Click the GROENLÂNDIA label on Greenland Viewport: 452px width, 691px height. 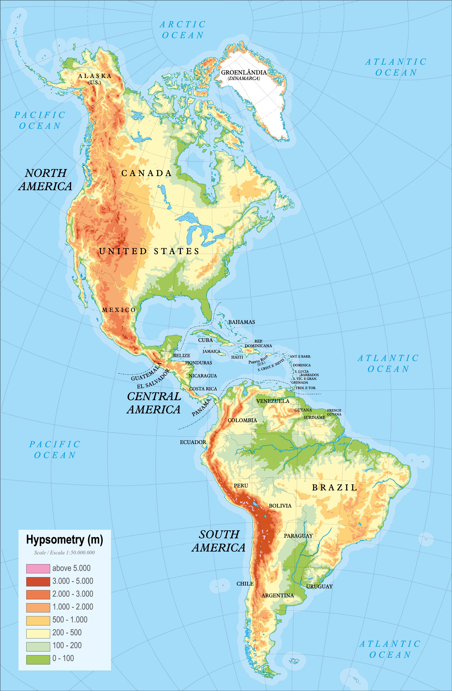coord(244,72)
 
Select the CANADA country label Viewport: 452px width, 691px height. coord(146,173)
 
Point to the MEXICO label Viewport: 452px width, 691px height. coord(119,310)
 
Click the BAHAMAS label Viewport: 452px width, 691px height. coord(242,322)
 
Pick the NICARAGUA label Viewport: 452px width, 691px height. coord(203,376)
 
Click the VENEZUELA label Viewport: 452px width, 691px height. coord(273,401)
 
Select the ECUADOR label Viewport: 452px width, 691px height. coord(193,442)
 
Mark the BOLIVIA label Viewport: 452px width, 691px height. coord(280,505)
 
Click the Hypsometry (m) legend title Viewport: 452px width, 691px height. coord(64,539)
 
